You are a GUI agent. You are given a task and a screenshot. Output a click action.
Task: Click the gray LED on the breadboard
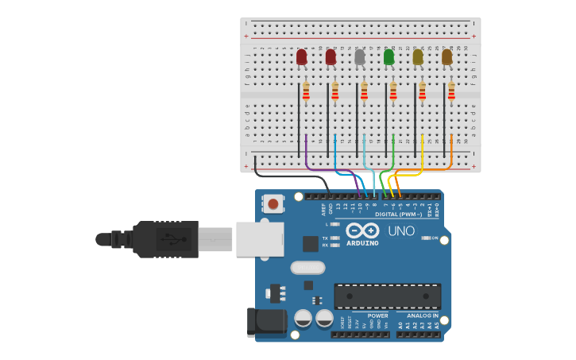point(360,56)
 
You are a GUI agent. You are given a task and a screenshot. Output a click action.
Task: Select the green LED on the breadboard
point(389,56)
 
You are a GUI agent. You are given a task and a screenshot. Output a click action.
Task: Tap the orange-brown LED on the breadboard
point(446,56)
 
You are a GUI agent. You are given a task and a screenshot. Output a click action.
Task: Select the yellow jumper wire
point(422,159)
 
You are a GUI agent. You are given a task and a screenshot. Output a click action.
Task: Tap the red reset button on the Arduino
point(273,203)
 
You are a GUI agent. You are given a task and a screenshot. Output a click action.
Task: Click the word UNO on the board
point(400,231)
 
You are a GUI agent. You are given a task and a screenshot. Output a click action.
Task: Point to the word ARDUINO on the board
point(362,243)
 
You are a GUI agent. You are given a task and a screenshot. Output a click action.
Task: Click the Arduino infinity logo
point(362,230)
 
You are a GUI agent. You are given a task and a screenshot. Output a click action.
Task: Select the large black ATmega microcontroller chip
point(387,296)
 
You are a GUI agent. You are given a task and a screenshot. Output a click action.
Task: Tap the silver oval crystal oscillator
point(307,267)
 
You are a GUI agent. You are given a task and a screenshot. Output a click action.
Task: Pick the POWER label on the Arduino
point(377,315)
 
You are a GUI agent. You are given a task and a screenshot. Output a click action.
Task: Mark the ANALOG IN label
point(418,315)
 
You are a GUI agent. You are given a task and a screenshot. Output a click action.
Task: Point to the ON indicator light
point(426,238)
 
